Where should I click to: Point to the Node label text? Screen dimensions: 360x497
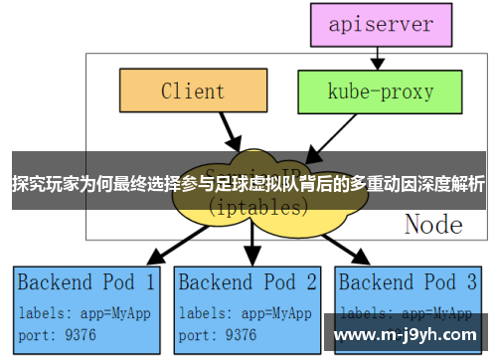click(x=433, y=225)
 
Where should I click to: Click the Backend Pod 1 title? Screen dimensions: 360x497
click(x=86, y=281)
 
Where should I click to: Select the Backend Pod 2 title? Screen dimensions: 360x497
click(x=248, y=281)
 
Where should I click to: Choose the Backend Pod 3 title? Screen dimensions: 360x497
click(x=409, y=281)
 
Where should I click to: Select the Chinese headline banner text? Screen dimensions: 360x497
click(x=248, y=183)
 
